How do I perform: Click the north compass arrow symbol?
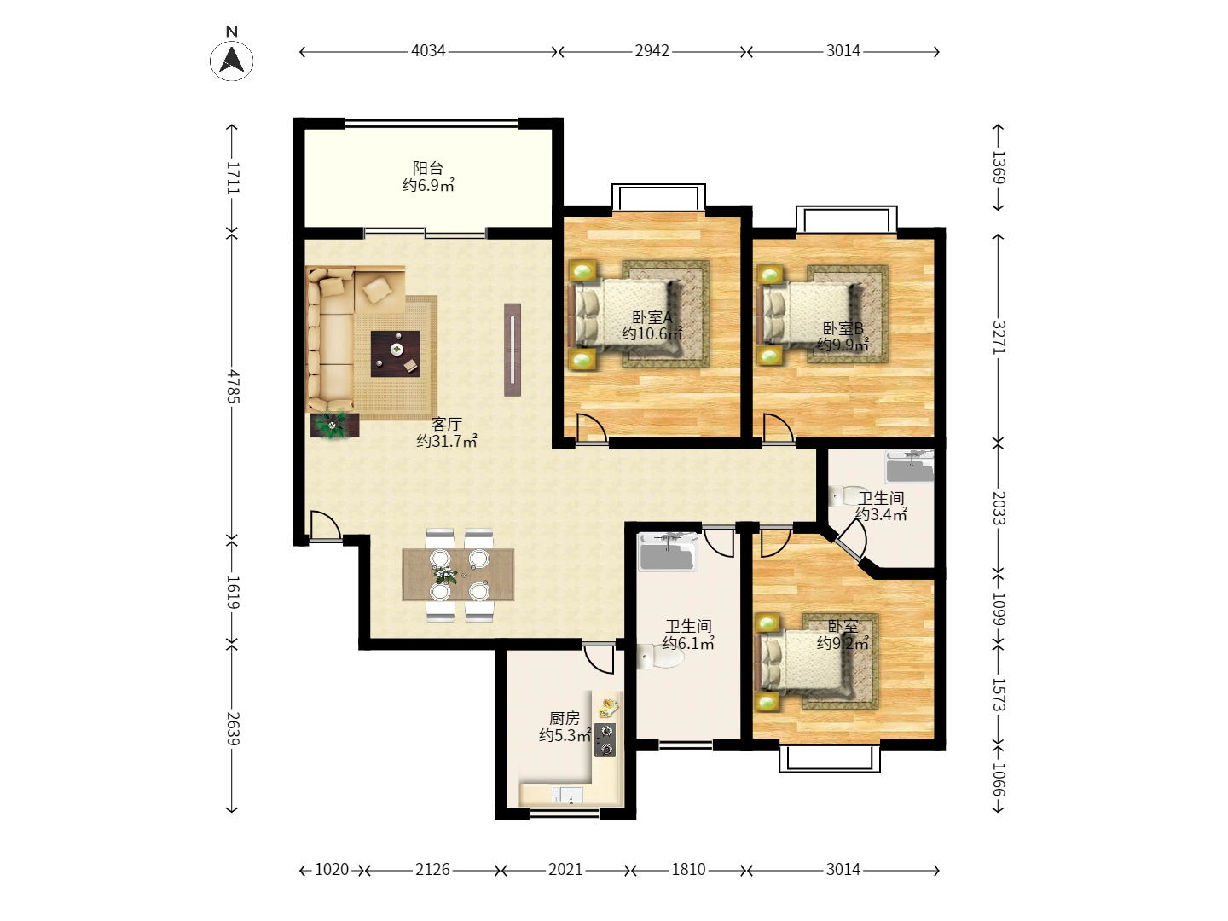tap(231, 60)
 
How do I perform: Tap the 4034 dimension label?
tap(428, 51)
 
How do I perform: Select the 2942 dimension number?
tap(652, 51)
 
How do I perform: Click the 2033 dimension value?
tap(999, 507)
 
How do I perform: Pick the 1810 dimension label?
tap(688, 870)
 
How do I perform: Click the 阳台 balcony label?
tap(428, 168)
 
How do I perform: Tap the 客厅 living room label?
tap(446, 424)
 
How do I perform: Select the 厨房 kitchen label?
tap(564, 718)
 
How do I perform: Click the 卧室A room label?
tap(652, 317)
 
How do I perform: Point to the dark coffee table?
tap(396, 353)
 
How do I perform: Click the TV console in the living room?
tap(513, 350)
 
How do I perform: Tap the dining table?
tap(458, 574)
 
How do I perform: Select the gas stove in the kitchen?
tap(605, 740)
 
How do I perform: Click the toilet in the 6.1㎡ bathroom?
tap(660, 657)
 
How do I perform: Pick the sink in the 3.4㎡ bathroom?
tap(910, 466)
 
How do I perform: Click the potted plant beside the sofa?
tap(334, 426)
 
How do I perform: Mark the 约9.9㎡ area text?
tap(843, 345)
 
